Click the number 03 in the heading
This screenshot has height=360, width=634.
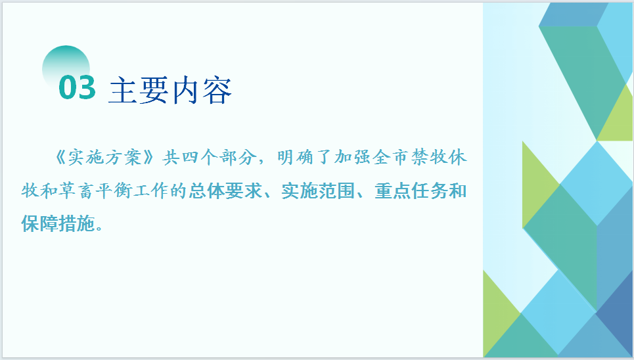(x=78, y=87)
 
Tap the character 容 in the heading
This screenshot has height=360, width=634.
(x=217, y=90)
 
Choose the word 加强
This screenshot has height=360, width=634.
(x=353, y=158)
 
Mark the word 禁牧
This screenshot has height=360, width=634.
(x=428, y=158)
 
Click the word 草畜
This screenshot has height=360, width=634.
(x=77, y=191)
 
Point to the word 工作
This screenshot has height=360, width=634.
(x=151, y=191)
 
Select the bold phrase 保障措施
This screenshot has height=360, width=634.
(x=58, y=223)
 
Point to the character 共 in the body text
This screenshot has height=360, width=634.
(x=171, y=158)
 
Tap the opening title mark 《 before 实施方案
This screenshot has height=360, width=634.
(x=59, y=158)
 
